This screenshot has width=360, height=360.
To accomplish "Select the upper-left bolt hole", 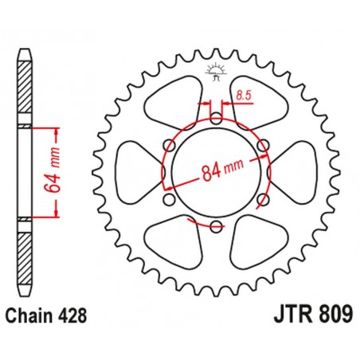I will (170, 145).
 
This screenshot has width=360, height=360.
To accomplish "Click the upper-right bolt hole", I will (262, 145).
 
